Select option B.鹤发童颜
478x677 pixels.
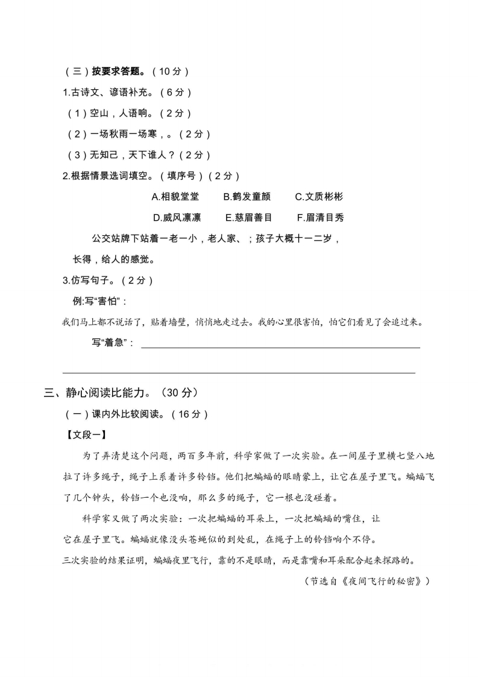click(x=247, y=197)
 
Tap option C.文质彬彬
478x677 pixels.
click(x=319, y=197)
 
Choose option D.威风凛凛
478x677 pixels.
click(x=177, y=217)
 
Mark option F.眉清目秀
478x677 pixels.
click(x=320, y=217)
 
